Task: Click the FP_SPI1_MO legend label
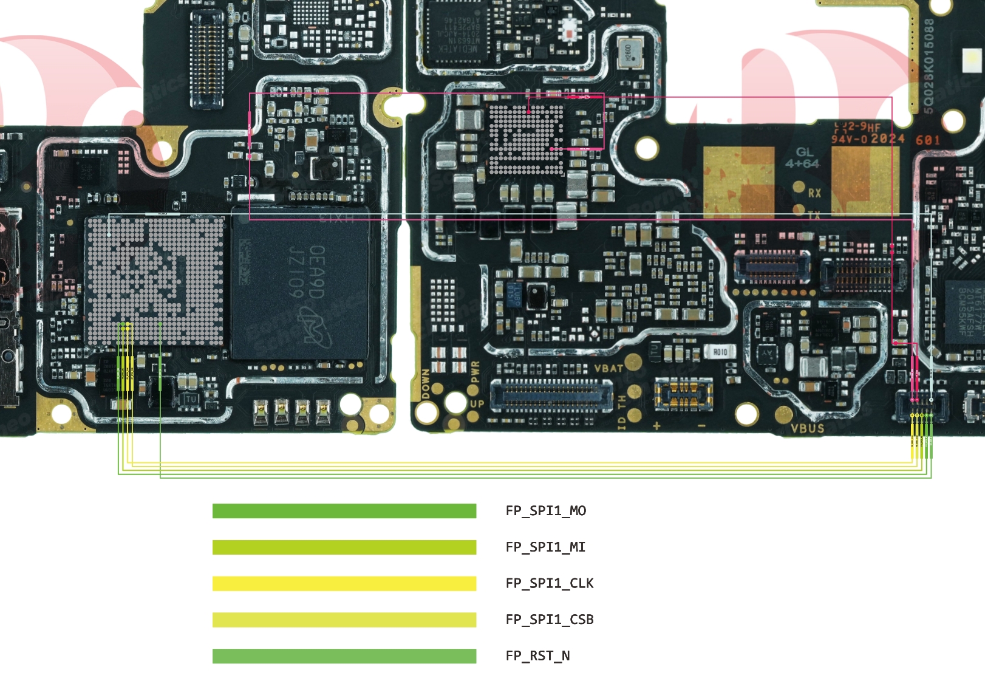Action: (x=545, y=511)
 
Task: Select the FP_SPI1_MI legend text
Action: (x=545, y=547)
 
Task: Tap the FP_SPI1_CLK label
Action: (x=550, y=583)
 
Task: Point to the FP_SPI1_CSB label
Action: (x=550, y=620)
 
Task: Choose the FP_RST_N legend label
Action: (x=537, y=656)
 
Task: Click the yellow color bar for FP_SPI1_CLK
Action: (x=344, y=584)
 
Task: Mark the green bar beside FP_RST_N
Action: (x=344, y=656)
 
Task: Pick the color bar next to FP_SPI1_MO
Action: (x=344, y=511)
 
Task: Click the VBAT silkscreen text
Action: (x=608, y=369)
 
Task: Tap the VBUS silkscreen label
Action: (x=807, y=428)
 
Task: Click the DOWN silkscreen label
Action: (x=426, y=384)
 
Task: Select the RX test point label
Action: (x=814, y=193)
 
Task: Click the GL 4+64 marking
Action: (x=803, y=158)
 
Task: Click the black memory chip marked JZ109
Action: (x=301, y=282)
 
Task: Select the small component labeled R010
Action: (x=720, y=352)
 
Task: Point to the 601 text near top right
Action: (x=928, y=140)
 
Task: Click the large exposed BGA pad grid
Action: (x=154, y=279)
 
